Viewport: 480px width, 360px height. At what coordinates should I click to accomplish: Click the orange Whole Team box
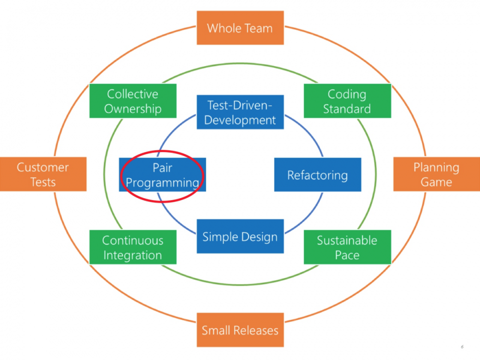tap(240, 28)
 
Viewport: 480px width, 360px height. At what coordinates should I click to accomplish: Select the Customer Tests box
tap(43, 174)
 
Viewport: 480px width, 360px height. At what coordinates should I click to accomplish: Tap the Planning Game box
tap(436, 174)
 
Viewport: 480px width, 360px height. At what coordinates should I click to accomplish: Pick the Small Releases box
tap(240, 330)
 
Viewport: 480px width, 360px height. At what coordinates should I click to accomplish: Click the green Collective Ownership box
tap(133, 101)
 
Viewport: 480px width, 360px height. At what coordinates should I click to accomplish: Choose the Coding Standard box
tap(347, 101)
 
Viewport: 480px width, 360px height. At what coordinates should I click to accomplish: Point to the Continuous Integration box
tap(133, 247)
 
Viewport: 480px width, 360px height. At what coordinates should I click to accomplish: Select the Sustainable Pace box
tap(347, 247)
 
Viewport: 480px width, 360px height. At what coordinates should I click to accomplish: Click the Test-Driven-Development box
tap(240, 112)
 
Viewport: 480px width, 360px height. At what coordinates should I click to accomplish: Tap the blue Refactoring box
tap(317, 175)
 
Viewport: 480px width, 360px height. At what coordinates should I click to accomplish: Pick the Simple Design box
tap(240, 237)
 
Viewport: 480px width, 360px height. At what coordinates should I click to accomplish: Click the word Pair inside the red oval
tap(162, 168)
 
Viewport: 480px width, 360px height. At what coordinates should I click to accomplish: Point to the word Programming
tap(162, 183)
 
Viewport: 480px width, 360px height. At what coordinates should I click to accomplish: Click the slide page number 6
tap(462, 347)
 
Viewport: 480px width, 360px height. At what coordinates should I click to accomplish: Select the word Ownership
tap(133, 109)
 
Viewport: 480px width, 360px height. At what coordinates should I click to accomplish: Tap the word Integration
tap(133, 255)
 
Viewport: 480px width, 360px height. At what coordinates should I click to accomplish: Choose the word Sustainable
tap(347, 240)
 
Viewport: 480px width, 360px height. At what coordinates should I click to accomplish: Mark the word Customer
tap(43, 167)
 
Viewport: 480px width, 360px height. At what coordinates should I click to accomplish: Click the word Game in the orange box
tap(436, 182)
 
